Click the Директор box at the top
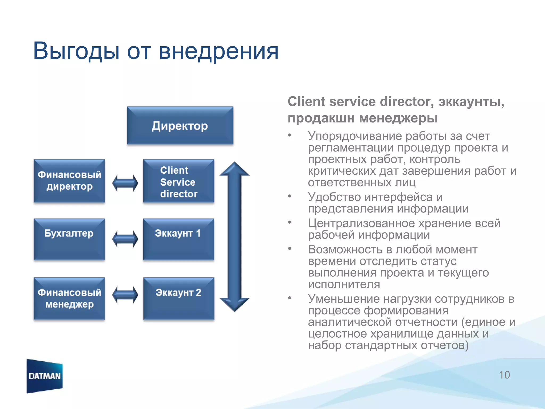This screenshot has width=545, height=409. pos(180,126)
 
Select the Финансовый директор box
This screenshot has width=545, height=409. pos(69,181)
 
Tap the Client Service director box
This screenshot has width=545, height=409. pos(179,182)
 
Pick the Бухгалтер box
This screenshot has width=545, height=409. pos(69,239)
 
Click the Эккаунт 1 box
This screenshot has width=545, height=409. pos(179,239)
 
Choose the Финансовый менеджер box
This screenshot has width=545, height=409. pos(69,298)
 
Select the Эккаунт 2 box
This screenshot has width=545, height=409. pos(179,298)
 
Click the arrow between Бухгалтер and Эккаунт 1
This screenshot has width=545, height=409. pos(125,239)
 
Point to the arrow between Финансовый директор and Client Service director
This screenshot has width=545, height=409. pos(125,183)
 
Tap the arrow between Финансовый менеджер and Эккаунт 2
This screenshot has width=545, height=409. pos(125,295)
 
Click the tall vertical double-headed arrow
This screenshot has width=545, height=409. pos(234,237)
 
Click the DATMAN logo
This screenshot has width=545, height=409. pos(45,376)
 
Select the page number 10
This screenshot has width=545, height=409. pos(504,375)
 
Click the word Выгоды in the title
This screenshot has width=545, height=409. pos(76,51)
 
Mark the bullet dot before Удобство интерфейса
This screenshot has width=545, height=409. pos(290,196)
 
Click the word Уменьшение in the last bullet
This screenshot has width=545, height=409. pos(343,299)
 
